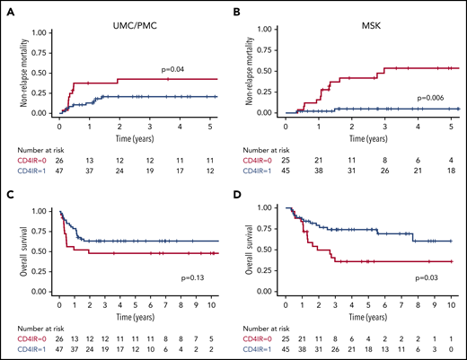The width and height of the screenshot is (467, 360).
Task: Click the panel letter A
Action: pyautogui.click(x=8, y=10)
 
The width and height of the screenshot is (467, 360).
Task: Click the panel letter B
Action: pyautogui.click(x=243, y=10)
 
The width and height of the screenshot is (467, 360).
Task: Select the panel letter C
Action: pyautogui.click(x=8, y=193)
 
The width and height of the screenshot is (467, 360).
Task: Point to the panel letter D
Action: pyautogui.click(x=243, y=193)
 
